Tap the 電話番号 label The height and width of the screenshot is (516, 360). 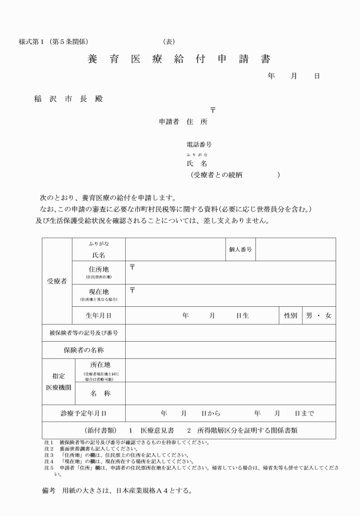click(x=199, y=145)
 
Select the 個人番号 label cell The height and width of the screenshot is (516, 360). click(x=241, y=249)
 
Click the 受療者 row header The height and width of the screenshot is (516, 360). click(x=57, y=281)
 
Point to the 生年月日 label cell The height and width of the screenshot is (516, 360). click(x=98, y=315)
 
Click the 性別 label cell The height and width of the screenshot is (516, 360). click(x=290, y=315)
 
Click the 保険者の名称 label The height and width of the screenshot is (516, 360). click(x=83, y=350)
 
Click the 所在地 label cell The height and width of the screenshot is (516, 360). click(x=100, y=365)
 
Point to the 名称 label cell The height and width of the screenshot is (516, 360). click(x=100, y=393)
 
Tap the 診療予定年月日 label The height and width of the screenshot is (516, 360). click(x=83, y=413)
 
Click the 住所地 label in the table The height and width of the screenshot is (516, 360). click(x=98, y=270)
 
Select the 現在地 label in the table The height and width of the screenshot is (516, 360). click(x=98, y=292)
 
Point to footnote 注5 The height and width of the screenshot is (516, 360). click(x=49, y=467)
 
